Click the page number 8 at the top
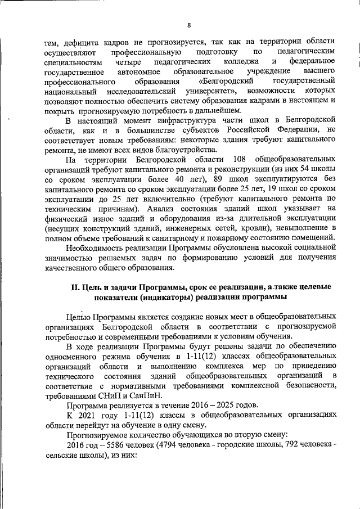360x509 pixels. click(189, 25)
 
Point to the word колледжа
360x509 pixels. click(240, 61)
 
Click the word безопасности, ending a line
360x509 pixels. click(304, 386)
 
